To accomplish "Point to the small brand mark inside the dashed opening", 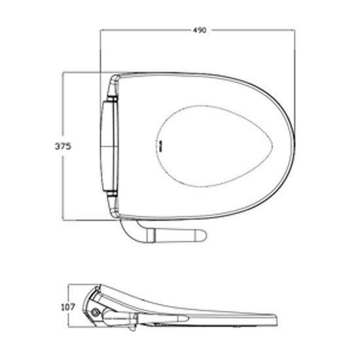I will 160,145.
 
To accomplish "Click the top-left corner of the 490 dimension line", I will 100,31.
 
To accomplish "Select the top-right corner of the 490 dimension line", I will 294,31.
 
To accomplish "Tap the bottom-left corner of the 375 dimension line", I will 63,221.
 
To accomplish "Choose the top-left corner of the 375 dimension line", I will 63,72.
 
